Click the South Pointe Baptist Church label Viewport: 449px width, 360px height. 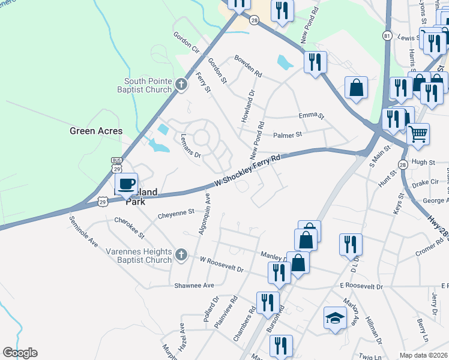148,85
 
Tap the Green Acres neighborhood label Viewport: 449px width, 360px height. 96,131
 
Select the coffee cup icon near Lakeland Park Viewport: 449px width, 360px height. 126,184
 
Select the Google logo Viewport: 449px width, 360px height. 20,353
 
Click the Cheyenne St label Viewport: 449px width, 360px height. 176,212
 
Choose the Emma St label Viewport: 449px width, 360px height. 311,115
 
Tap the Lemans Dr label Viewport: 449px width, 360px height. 190,145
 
